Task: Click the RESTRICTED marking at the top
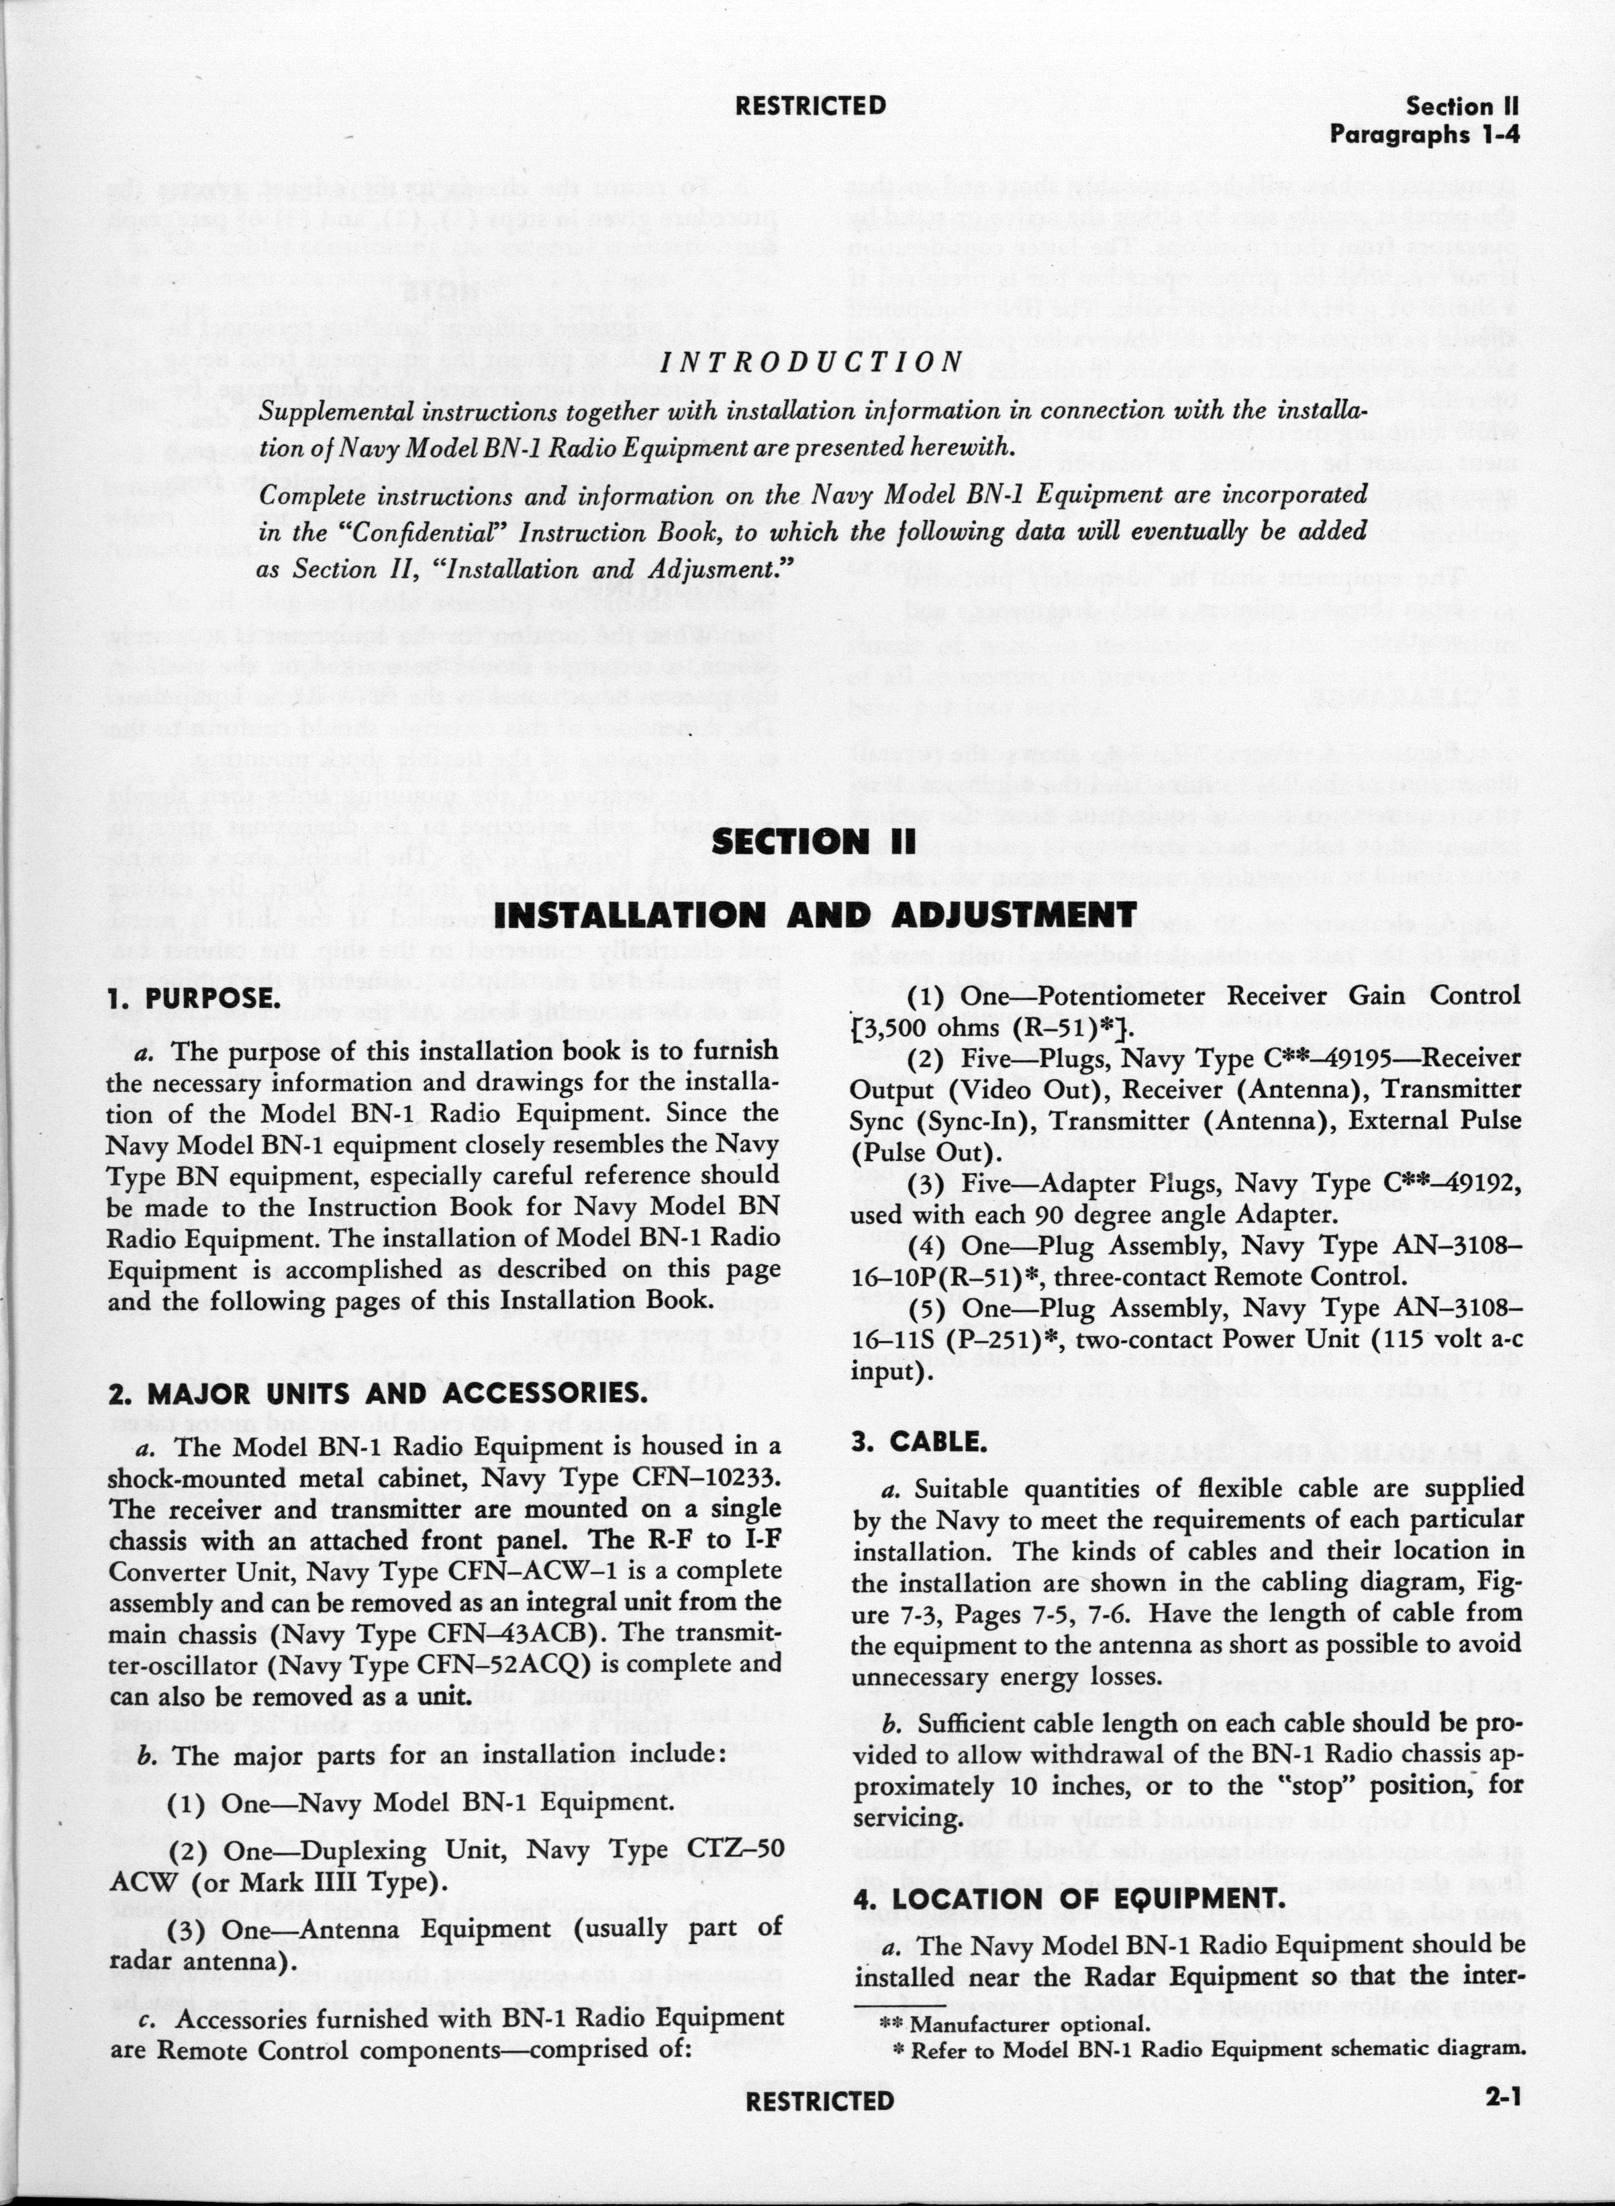(810, 105)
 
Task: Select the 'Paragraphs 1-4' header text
(1424, 135)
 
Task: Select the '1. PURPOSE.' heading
(195, 999)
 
